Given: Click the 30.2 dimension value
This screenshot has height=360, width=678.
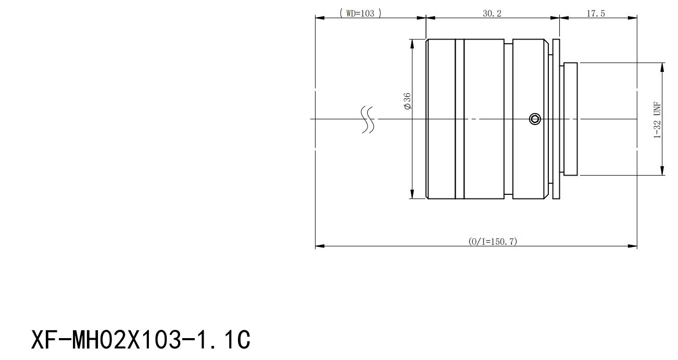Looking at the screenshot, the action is [x=492, y=14].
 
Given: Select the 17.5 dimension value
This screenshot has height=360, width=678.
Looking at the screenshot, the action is [x=595, y=14].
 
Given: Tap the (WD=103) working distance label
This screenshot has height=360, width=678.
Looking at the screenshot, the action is [x=360, y=14].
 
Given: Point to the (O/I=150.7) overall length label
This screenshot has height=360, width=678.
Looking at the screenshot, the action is [x=493, y=241].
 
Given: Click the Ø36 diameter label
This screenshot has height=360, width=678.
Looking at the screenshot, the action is [x=407, y=101].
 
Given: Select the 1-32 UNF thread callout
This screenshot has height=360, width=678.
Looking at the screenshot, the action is [x=657, y=120].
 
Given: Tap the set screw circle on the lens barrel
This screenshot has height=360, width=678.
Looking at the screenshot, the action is [x=535, y=119].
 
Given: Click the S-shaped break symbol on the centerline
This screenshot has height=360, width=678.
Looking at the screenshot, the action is [x=368, y=120].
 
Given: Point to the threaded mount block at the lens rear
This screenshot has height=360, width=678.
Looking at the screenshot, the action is [x=571, y=119].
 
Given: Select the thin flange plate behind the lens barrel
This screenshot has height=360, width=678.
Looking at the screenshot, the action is [x=556, y=119].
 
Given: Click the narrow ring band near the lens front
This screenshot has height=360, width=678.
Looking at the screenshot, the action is [x=459, y=119].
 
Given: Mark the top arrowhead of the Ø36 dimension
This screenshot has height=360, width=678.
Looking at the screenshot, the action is [x=412, y=44].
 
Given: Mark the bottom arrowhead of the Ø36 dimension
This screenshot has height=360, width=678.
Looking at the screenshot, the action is [x=412, y=194].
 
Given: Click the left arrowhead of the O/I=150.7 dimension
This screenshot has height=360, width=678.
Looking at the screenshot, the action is [x=320, y=246].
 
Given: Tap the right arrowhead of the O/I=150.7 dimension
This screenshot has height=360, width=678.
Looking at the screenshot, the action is [x=633, y=246].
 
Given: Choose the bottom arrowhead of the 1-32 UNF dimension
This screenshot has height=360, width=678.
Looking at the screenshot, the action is [x=662, y=171].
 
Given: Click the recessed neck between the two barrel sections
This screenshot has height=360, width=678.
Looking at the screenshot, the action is [x=508, y=119].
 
